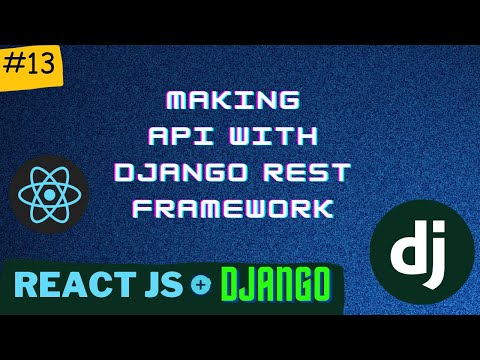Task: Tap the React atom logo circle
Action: pos(48,190)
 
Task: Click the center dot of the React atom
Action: pos(48,190)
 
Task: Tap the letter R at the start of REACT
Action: pos(29,288)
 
